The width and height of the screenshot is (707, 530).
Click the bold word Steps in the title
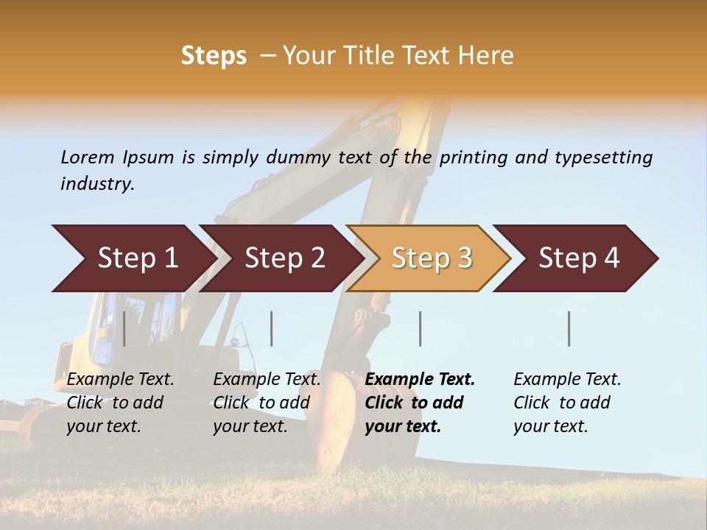214,56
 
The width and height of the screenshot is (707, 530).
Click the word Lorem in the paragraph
87,157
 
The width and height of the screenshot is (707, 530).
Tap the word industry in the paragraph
97,183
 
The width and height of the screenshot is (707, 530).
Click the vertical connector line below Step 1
124,328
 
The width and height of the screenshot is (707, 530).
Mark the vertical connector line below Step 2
271,328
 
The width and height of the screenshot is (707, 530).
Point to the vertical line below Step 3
420,328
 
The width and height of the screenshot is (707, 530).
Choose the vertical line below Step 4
569,328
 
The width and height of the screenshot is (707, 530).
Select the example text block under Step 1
120,403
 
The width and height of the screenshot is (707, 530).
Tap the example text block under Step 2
267,403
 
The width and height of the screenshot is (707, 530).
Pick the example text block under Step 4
567,403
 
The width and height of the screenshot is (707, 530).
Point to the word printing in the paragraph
474,158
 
